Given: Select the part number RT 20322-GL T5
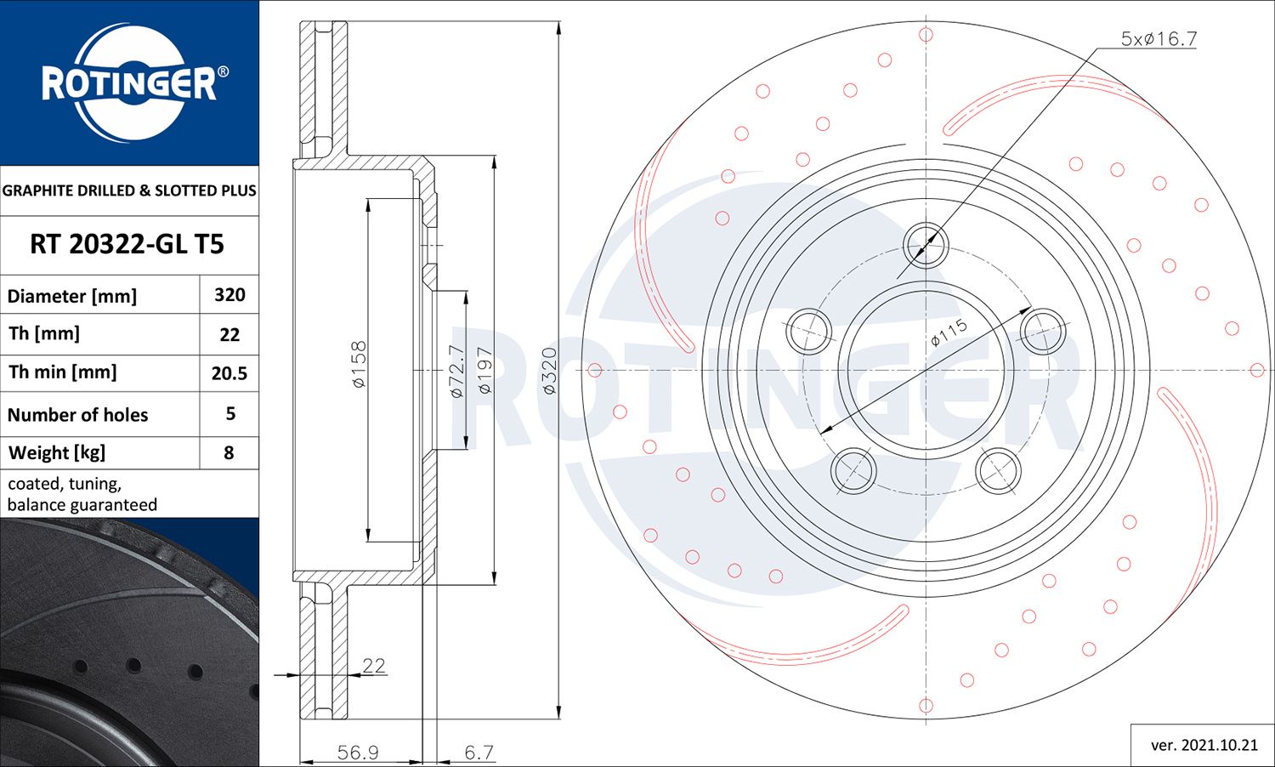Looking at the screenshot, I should (127, 245).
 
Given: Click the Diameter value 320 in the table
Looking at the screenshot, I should (229, 295).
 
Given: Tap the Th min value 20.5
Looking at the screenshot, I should (229, 373).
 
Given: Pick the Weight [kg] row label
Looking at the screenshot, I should (57, 452).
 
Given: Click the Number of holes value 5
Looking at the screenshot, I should (229, 414).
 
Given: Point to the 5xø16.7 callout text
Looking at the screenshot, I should (1159, 39).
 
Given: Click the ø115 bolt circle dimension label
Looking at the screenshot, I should (949, 332).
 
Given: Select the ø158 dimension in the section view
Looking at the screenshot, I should (359, 364).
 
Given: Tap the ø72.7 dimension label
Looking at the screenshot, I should (456, 371).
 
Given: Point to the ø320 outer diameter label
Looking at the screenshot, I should (549, 370).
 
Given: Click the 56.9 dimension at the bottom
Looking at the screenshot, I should (358, 753).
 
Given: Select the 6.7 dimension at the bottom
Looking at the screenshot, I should (479, 753).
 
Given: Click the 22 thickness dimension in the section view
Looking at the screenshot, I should (374, 665).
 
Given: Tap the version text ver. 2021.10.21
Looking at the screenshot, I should (1204, 745).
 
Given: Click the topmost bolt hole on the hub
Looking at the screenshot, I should (925, 245).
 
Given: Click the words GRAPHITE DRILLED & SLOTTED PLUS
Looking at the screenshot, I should (129, 190).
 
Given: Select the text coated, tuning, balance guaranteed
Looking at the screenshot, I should (82, 494).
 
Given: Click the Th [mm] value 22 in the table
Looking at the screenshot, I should (229, 335).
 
